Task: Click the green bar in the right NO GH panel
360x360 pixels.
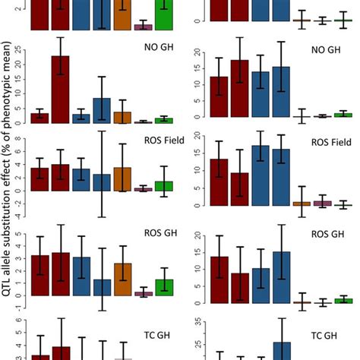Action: [x=343, y=115]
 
